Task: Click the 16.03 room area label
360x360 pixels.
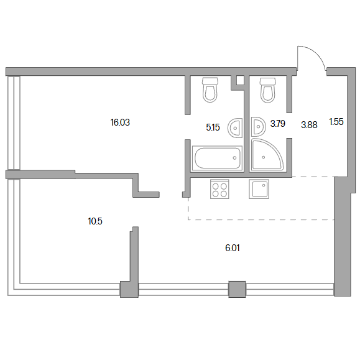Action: click(x=120, y=122)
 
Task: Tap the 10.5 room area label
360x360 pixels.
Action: click(x=95, y=221)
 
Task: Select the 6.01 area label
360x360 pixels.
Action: click(x=233, y=248)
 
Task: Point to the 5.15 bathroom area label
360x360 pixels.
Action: click(x=213, y=127)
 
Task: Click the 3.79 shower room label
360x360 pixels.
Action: click(x=277, y=124)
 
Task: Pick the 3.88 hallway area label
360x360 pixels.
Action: click(x=309, y=125)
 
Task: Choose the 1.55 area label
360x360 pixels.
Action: click(x=336, y=122)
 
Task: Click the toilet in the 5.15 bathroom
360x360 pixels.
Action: click(x=210, y=90)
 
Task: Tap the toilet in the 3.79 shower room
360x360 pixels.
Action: click(x=268, y=90)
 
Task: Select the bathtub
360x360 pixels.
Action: click(x=217, y=158)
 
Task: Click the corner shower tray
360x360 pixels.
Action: click(x=267, y=155)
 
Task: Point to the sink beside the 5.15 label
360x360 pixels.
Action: click(x=235, y=128)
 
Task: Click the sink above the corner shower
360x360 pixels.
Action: click(x=258, y=126)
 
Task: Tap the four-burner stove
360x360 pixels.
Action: click(x=219, y=189)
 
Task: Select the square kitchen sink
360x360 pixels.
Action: click(x=259, y=189)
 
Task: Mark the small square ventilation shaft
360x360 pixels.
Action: click(x=240, y=80)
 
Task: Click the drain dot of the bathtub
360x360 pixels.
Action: click(x=234, y=158)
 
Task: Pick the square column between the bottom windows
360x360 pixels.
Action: click(x=237, y=289)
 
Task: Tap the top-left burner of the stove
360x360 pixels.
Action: click(x=215, y=186)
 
